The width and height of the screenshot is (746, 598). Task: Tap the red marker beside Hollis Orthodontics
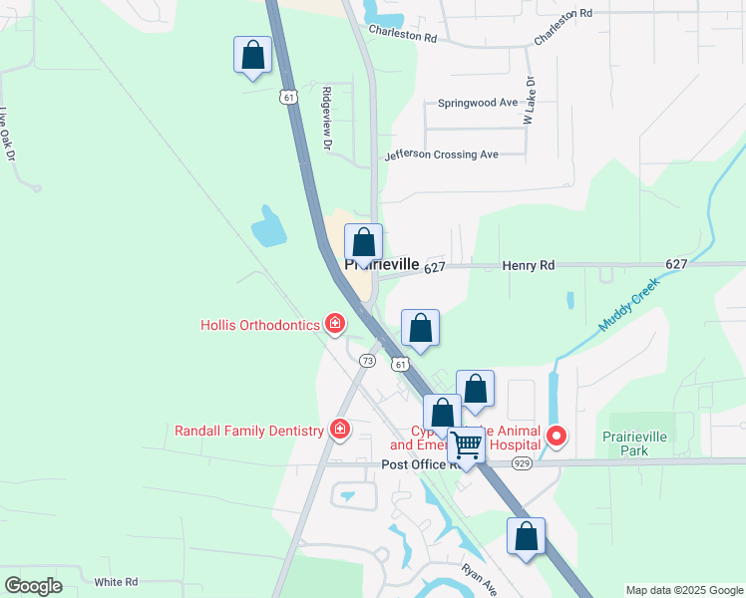pyautogui.click(x=336, y=323)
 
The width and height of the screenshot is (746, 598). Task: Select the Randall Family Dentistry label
pyautogui.click(x=250, y=431)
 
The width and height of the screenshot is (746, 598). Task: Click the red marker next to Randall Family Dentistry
pyautogui.click(x=340, y=430)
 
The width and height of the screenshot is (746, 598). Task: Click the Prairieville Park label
pyautogui.click(x=639, y=444)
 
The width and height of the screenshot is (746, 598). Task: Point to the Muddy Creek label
pyautogui.click(x=630, y=304)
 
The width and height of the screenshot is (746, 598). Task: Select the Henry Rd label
pyautogui.click(x=528, y=265)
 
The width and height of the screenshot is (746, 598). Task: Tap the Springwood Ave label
pyautogui.click(x=478, y=103)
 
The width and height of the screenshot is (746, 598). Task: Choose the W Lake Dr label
pyautogui.click(x=530, y=101)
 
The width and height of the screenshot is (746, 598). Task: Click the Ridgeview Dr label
pyautogui.click(x=326, y=118)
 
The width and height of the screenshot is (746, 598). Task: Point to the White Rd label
pyautogui.click(x=116, y=582)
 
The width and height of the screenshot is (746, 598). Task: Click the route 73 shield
pyautogui.click(x=367, y=360)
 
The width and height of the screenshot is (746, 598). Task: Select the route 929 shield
pyautogui.click(x=522, y=463)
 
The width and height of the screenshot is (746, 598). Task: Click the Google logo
pyautogui.click(x=33, y=585)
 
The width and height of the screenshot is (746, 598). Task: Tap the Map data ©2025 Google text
pyautogui.click(x=684, y=590)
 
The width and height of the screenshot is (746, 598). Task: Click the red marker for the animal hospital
pyautogui.click(x=556, y=436)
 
